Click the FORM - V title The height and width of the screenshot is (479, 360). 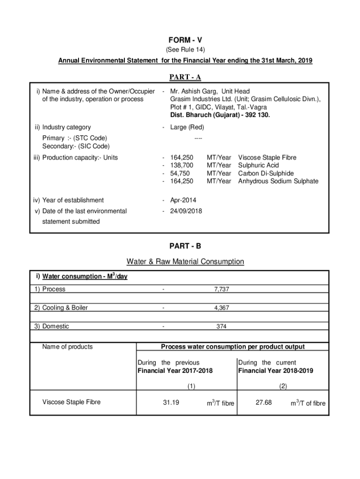pos(186,40)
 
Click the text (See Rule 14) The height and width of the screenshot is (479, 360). pos(186,50)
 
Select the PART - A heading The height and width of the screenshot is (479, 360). pos(186,77)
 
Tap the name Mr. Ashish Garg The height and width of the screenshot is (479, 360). pos(190,91)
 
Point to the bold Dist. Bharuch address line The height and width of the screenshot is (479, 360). pos(220,115)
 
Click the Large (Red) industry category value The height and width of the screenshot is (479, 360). pos(187,127)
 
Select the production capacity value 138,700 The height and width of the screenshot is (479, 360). pos(182,166)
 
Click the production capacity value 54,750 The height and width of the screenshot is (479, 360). pos(180,173)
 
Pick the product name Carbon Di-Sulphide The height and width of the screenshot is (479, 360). pos(266,173)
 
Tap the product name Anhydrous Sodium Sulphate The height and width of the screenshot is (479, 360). pos(278,181)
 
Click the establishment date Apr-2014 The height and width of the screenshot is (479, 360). pos(183,200)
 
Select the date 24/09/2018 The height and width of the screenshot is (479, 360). pos(186,211)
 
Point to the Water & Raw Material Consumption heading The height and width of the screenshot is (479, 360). pos(185,261)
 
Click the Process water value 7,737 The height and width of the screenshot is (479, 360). pos(222,290)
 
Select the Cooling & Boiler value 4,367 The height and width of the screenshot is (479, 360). pos(222,308)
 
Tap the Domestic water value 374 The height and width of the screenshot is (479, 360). pos(222,327)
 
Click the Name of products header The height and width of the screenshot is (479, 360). pos(67,347)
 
